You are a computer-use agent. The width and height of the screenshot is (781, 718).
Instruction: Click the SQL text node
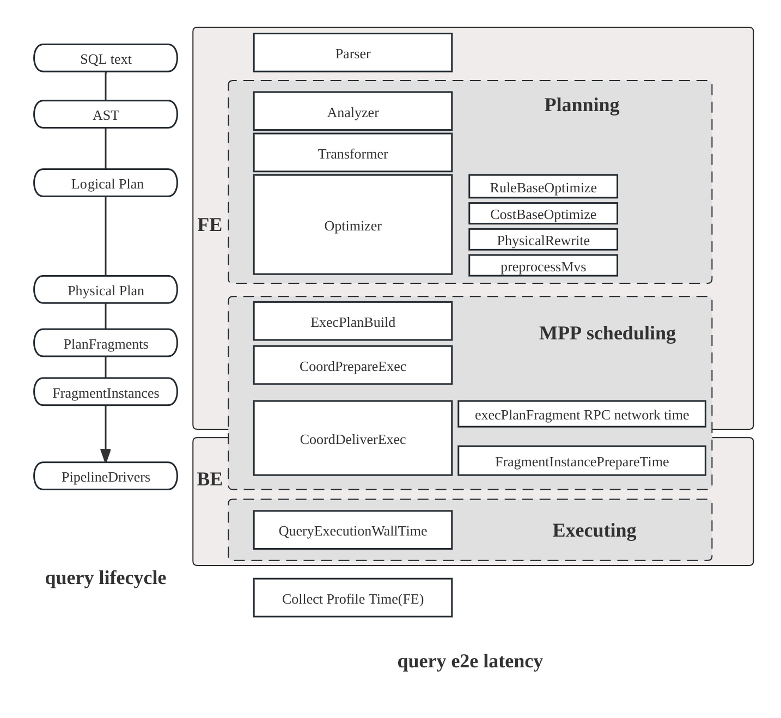pos(106,58)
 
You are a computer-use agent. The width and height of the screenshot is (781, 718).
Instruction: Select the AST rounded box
pos(106,114)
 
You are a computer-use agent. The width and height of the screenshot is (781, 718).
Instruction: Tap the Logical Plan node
pos(106,183)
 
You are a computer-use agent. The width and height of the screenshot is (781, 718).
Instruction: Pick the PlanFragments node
pos(106,343)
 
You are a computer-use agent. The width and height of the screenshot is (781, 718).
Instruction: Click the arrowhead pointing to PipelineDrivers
pos(106,455)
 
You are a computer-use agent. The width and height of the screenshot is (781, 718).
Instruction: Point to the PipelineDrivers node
pos(106,476)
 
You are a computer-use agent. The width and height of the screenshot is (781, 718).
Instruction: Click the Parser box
pos(352,53)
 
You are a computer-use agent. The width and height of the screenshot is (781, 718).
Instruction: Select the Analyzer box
pos(352,112)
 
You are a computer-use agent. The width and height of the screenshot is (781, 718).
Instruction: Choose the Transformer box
pos(352,153)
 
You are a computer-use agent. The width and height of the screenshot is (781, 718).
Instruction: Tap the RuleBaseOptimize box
pos(543,187)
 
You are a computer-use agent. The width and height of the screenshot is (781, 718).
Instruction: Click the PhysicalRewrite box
pos(543,240)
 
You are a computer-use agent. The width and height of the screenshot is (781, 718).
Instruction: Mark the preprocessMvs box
pos(543,266)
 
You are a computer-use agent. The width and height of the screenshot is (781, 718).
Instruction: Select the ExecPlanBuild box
pos(352,321)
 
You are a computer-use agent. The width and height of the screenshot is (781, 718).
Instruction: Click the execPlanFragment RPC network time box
pos(582,415)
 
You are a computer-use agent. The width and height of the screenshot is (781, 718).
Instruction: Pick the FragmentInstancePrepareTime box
pos(582,461)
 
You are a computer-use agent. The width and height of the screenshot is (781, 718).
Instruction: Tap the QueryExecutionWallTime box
pos(352,530)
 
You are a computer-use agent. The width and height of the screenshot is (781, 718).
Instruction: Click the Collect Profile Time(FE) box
pos(352,598)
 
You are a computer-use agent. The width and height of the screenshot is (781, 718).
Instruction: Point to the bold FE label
pos(209,224)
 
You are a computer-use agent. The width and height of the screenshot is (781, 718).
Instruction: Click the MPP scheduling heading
pos(607,333)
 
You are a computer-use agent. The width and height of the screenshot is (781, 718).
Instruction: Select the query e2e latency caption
pos(469,661)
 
